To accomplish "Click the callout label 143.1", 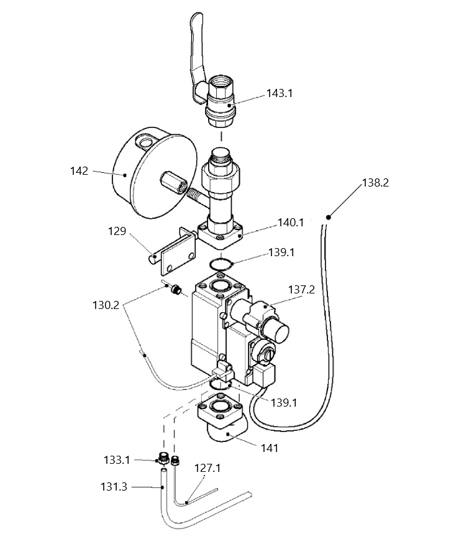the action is [280, 93].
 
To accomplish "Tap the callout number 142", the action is [80, 171].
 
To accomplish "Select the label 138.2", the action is [376, 183].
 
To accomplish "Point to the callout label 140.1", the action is [291, 223].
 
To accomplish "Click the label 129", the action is [117, 231].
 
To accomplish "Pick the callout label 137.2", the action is [302, 289].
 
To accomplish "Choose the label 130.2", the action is [106, 305].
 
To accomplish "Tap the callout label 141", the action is [270, 448].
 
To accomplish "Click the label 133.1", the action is [117, 460].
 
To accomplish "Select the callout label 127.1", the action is [207, 468].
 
